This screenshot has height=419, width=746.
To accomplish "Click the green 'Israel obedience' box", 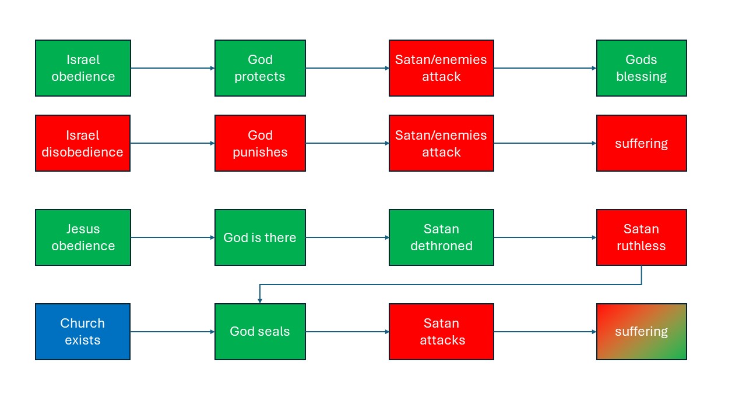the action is (83, 68).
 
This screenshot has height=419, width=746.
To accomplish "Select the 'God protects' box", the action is (260, 68).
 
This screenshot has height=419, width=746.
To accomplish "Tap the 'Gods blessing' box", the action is (642, 68).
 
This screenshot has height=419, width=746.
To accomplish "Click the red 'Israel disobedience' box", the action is (83, 143).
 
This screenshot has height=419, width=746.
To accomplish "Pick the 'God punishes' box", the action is (260, 143).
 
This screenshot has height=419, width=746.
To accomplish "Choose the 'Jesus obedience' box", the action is (83, 237).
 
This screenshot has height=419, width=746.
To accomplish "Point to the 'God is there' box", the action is (260, 237).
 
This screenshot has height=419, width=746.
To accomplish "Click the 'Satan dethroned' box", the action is (441, 237).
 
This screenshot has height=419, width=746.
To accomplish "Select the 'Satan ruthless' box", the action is (642, 237).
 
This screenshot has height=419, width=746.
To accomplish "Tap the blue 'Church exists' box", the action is (83, 332).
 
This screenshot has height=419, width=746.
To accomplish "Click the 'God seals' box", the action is (260, 332).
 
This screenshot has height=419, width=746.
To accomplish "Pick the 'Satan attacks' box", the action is (441, 332).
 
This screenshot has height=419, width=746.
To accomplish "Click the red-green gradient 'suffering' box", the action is (642, 332).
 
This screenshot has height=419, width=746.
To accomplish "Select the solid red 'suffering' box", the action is (642, 143).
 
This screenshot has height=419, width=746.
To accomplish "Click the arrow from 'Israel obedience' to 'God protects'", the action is (173, 68).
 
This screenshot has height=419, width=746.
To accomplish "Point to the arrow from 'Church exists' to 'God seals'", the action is (173, 332).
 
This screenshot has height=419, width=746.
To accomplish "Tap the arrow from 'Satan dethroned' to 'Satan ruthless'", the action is (545, 237).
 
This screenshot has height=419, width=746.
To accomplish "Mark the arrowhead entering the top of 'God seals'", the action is (260, 301).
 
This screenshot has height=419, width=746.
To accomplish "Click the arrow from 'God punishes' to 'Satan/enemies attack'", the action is (347, 143).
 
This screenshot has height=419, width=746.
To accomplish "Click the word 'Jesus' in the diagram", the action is (83, 229).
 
